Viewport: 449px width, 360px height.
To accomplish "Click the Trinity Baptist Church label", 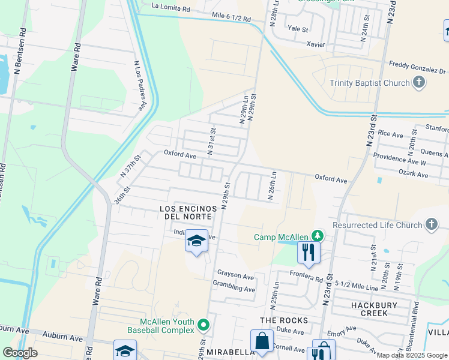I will tap(368, 83).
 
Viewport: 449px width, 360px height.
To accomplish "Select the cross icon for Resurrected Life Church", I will tap(430, 224).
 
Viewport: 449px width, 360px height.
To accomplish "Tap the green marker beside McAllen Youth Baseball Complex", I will tap(203, 326).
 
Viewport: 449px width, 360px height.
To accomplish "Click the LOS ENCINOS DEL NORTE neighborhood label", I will tap(185, 212).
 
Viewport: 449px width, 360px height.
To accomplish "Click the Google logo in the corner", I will tap(20, 353).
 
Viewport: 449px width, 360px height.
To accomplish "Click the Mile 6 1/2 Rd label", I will tap(231, 18).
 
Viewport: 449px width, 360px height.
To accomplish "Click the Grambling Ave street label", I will tap(234, 289).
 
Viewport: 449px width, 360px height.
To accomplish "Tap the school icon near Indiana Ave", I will tap(196, 241).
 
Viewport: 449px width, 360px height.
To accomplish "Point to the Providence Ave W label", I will tap(400, 163).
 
